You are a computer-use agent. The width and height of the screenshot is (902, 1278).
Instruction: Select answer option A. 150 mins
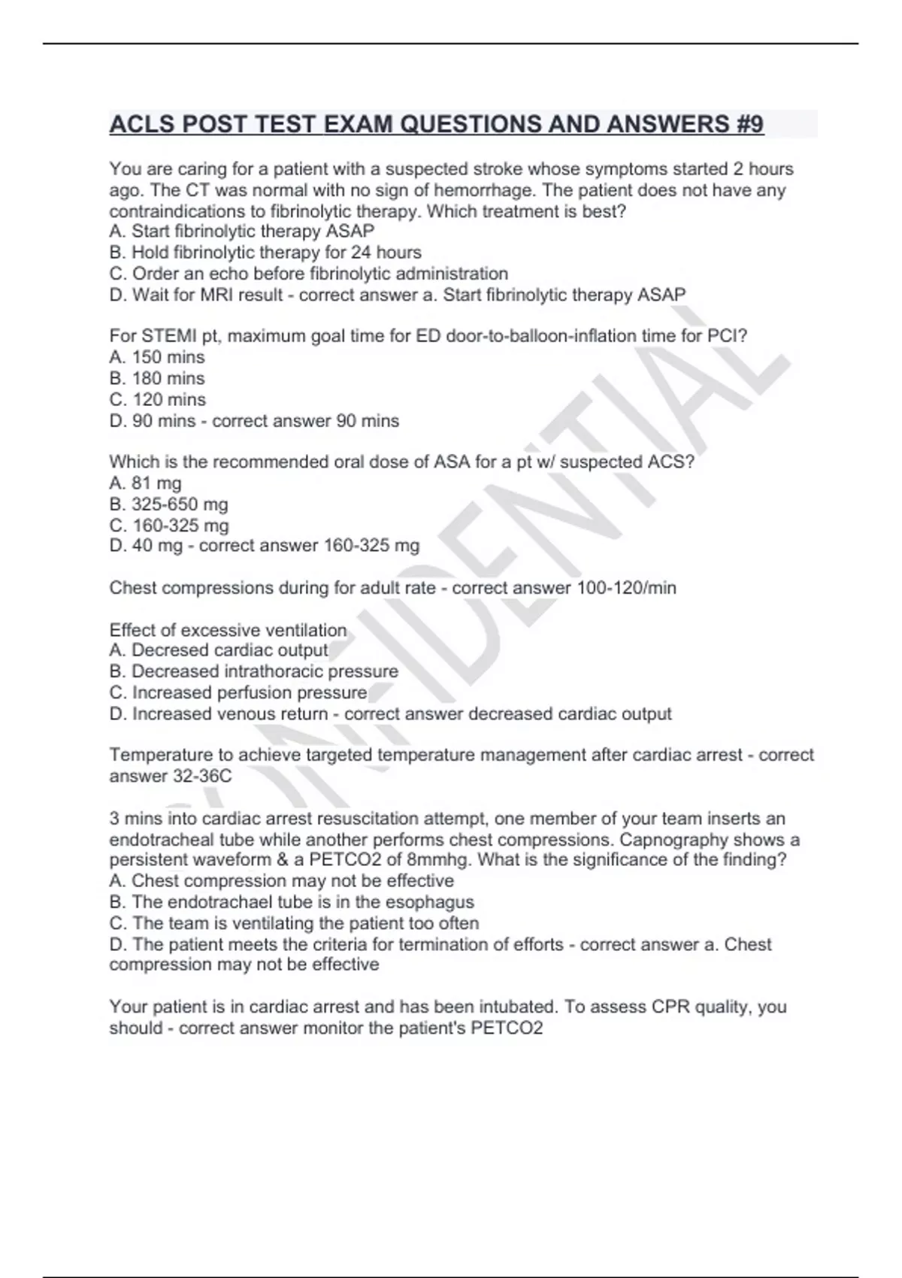157,357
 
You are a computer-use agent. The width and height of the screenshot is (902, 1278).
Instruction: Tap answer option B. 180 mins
157,378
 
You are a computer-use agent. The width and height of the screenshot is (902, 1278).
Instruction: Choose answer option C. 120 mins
157,399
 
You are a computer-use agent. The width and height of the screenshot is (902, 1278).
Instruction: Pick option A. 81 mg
145,483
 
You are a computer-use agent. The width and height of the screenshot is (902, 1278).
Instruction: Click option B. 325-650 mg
168,504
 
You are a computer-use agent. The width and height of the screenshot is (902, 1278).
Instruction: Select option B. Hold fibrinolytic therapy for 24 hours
265,253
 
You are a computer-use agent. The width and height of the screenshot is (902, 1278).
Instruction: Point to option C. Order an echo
308,274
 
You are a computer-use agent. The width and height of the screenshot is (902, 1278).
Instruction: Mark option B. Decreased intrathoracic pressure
254,671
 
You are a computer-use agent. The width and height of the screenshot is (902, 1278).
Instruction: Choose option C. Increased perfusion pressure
238,692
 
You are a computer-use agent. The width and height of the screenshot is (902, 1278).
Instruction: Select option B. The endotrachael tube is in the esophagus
292,902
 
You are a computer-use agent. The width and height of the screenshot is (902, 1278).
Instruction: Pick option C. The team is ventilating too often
294,923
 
